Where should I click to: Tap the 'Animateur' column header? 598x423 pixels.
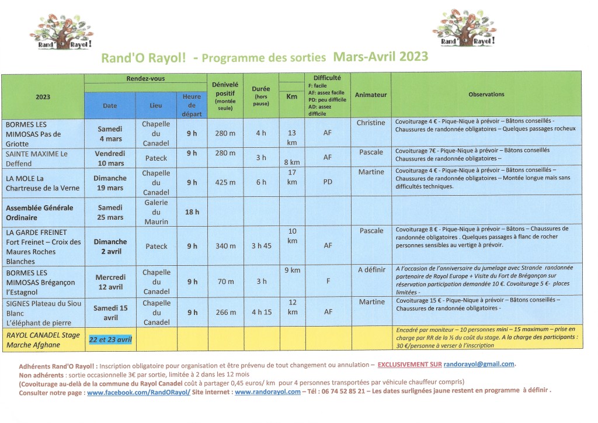pyautogui.click(x=371, y=95)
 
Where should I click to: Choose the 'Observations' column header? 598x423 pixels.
pyautogui.click(x=486, y=94)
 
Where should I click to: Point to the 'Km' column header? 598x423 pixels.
pyautogui.click(x=292, y=98)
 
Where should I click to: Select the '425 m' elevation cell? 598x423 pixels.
pyautogui.click(x=225, y=183)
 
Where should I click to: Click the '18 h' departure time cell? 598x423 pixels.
pyautogui.click(x=192, y=212)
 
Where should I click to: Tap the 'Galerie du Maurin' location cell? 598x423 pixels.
pyautogui.click(x=156, y=212)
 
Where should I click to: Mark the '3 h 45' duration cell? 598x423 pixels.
pyautogui.click(x=262, y=246)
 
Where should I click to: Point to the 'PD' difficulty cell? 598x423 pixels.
pyautogui.click(x=327, y=183)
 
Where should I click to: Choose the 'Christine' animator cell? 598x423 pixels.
pyautogui.click(x=371, y=123)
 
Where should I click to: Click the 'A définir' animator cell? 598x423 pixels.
pyautogui.click(x=371, y=269)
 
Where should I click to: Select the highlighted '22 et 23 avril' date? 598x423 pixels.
pyautogui.click(x=110, y=339)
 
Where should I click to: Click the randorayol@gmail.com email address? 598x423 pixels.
pyautogui.click(x=487, y=364)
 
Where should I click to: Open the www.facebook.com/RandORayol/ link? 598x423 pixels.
pyautogui.click(x=138, y=392)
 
